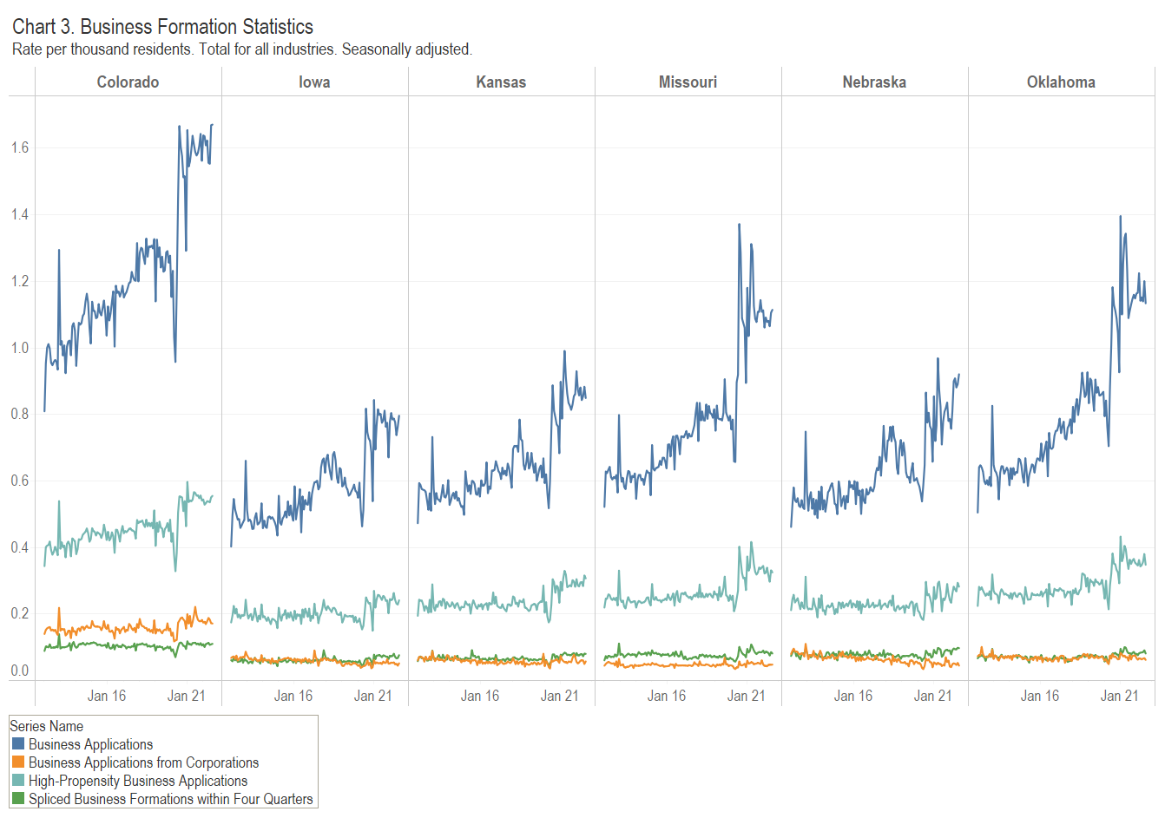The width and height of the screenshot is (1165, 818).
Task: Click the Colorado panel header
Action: click(128, 82)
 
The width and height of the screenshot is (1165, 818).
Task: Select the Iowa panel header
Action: click(314, 82)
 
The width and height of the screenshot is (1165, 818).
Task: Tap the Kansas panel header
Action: click(501, 82)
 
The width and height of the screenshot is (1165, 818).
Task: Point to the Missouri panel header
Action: click(688, 82)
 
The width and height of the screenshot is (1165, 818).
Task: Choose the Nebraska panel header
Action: click(874, 82)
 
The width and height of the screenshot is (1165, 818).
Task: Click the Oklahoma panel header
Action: click(1061, 82)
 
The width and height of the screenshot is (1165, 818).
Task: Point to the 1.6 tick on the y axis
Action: click(20, 148)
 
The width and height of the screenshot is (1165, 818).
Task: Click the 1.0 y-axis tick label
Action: click(20, 348)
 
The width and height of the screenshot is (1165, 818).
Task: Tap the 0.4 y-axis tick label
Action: click(20, 547)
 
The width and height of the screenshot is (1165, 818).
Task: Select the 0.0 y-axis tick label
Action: click(20, 671)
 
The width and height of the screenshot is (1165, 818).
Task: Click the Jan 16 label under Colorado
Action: click(107, 696)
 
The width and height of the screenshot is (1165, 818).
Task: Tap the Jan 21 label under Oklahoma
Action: click(1119, 696)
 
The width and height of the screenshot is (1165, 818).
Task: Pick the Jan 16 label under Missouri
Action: click(667, 696)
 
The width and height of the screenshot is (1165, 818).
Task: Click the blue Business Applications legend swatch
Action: click(18, 744)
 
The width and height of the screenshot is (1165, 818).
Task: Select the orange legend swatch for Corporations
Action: click(18, 762)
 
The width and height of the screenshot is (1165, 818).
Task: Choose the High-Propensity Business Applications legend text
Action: click(138, 781)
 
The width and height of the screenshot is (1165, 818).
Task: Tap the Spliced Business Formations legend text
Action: click(170, 799)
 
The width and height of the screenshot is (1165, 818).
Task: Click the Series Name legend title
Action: click(47, 726)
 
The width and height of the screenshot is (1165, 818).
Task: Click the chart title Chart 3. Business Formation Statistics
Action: click(162, 27)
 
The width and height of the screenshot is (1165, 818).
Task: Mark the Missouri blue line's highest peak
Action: click(739, 225)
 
